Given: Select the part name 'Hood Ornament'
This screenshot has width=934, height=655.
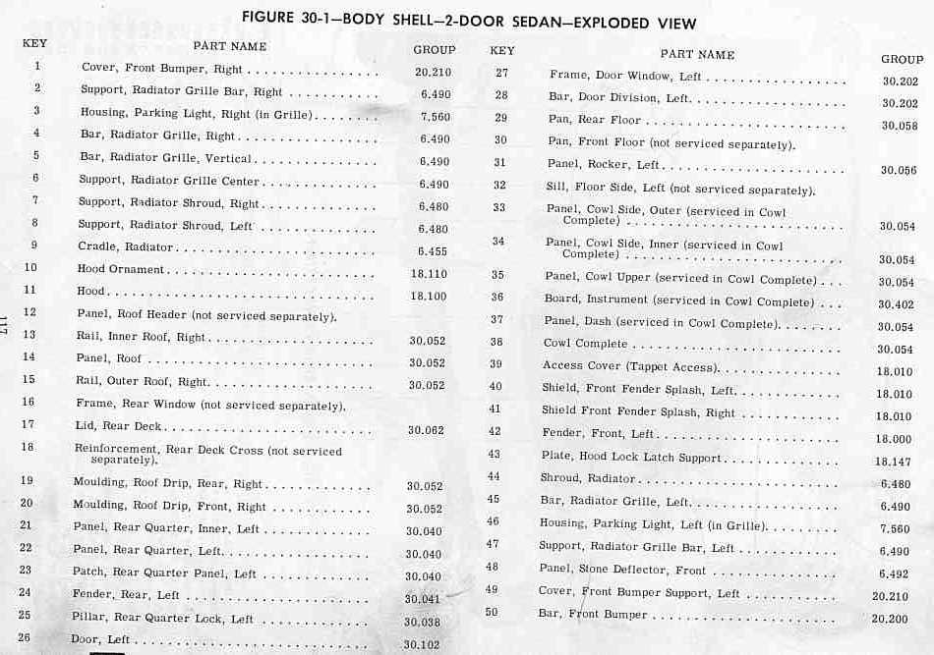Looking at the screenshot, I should tap(121, 269).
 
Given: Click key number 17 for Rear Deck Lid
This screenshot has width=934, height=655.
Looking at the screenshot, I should tap(28, 425).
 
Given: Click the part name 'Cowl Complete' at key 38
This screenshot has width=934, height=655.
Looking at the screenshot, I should tap(585, 344).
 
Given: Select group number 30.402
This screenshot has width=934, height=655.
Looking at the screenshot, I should tap(896, 305).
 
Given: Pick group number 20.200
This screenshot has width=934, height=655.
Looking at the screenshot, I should tap(891, 619).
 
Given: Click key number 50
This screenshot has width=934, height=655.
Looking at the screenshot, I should tap(492, 612).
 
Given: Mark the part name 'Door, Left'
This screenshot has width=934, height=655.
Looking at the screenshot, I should tap(100, 639).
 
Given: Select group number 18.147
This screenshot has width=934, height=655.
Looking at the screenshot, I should tap(893, 462).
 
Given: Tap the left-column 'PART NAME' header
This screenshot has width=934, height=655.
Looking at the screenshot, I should tap(229, 46).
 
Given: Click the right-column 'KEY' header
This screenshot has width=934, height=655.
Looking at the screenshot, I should tap(501, 50).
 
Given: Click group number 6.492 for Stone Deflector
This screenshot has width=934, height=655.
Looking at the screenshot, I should tap(893, 574).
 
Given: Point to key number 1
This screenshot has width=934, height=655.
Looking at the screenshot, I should tap(37, 66).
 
